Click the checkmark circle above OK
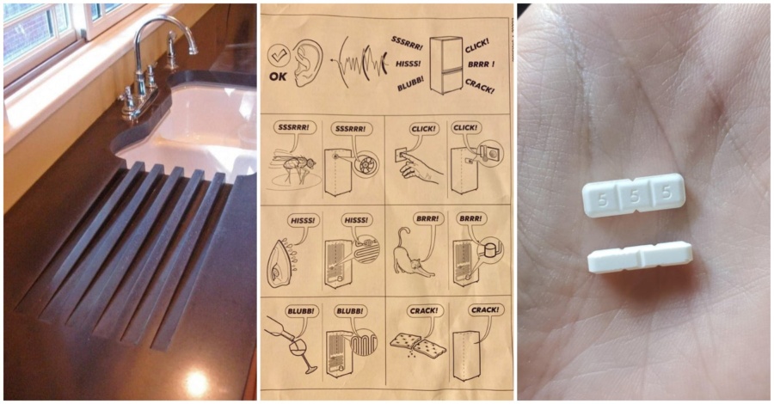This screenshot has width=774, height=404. (x=279, y=57)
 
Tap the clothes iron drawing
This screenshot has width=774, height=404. (x=282, y=259)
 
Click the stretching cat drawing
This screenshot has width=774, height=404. (x=412, y=255)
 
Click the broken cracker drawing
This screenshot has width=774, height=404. (x=419, y=344)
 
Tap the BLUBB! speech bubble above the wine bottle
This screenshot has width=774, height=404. (x=302, y=312)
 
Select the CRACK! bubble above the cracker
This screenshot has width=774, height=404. (x=423, y=311)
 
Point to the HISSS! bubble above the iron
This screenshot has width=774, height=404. (x=302, y=220)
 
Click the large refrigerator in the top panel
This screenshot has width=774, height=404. (x=445, y=64)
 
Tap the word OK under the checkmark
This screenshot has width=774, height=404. (x=279, y=77)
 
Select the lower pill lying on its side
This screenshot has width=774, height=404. (x=640, y=256)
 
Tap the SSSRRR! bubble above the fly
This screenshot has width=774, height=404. (x=294, y=128)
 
